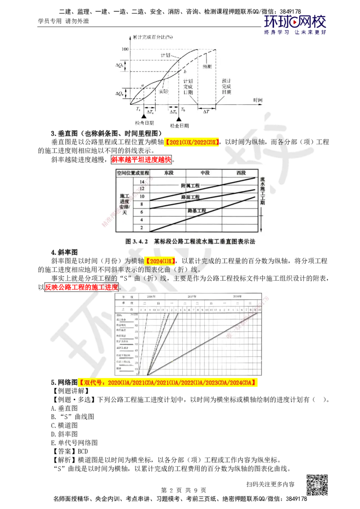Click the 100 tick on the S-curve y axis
coord(125,49)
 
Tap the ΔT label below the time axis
coord(206,112)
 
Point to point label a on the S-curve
coord(142,85)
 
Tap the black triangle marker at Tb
coord(179,118)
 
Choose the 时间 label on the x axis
coord(257,99)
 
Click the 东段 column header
coord(168,173)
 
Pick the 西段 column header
coord(241,173)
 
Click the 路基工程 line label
coord(197,210)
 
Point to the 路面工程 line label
coord(190,197)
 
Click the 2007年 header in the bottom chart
coord(192,297)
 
